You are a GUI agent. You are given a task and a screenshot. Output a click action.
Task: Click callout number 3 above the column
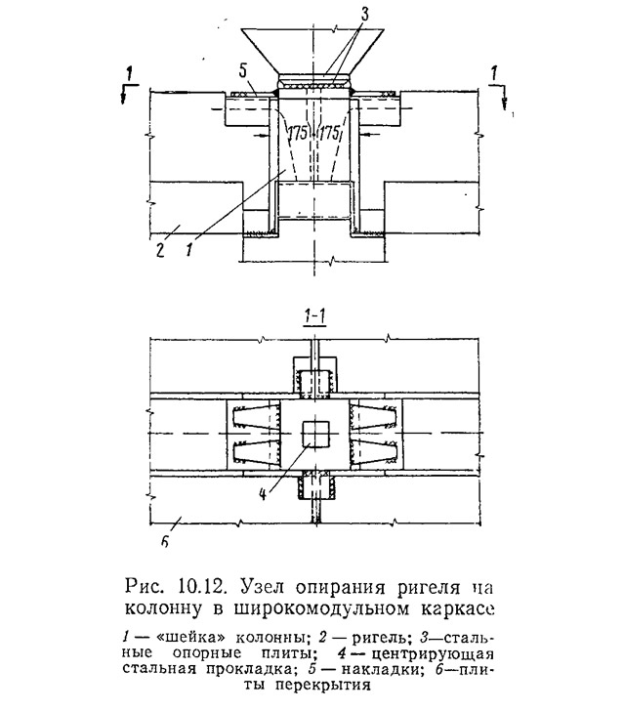pyautogui.click(x=364, y=14)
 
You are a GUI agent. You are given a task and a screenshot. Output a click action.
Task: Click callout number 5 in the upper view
pyautogui.click(x=242, y=71)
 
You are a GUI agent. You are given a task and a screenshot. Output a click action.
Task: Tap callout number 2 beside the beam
pyautogui.click(x=159, y=250)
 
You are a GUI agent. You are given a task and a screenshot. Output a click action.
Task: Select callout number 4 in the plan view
pyautogui.click(x=263, y=493)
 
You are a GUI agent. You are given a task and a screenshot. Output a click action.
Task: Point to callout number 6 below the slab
pyautogui.click(x=165, y=541)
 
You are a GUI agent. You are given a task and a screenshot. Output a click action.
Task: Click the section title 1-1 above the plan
pyautogui.click(x=313, y=317)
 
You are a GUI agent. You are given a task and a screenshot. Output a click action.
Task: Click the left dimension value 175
pyautogui.click(x=297, y=133)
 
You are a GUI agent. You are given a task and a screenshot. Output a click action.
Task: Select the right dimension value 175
pyautogui.click(x=330, y=133)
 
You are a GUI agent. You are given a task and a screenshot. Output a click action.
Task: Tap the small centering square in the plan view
pyautogui.click(x=314, y=434)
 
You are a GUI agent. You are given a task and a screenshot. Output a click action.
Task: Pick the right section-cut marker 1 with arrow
pyautogui.click(x=498, y=86)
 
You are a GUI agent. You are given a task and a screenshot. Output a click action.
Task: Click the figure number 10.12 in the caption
pyautogui.click(x=204, y=588)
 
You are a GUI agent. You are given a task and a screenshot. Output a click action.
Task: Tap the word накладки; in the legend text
pyautogui.click(x=383, y=669)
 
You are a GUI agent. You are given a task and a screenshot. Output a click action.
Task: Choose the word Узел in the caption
pyautogui.click(x=262, y=588)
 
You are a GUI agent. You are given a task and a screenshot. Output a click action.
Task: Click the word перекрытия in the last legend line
pyautogui.click(x=322, y=685)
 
